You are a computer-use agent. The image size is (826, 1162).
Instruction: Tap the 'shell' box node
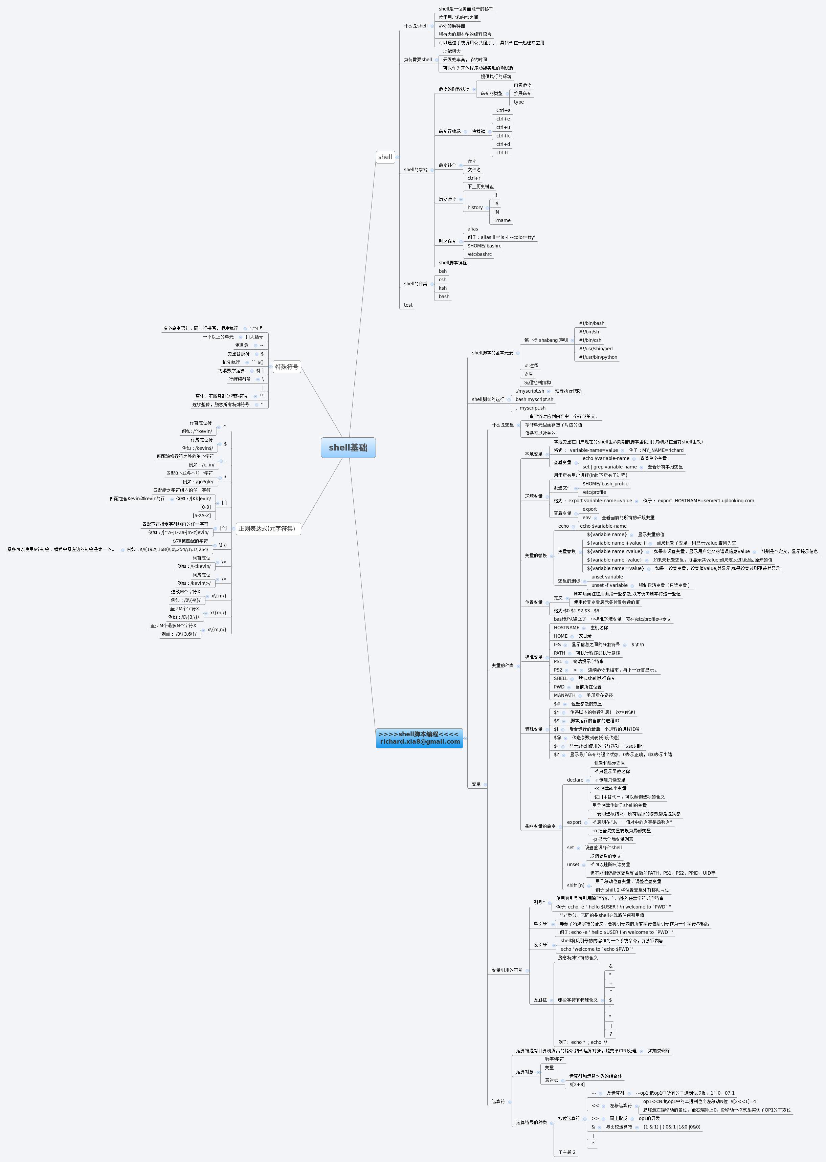(385, 157)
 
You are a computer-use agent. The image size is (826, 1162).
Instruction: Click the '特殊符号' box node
(287, 366)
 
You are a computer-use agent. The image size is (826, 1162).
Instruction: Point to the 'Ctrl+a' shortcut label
(503, 110)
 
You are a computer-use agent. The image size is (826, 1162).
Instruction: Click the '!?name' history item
(502, 220)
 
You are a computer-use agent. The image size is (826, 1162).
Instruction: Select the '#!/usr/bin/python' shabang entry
(598, 357)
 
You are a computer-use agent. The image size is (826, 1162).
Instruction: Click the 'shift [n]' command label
(575, 885)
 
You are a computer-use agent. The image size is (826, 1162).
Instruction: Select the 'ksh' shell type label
(443, 288)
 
